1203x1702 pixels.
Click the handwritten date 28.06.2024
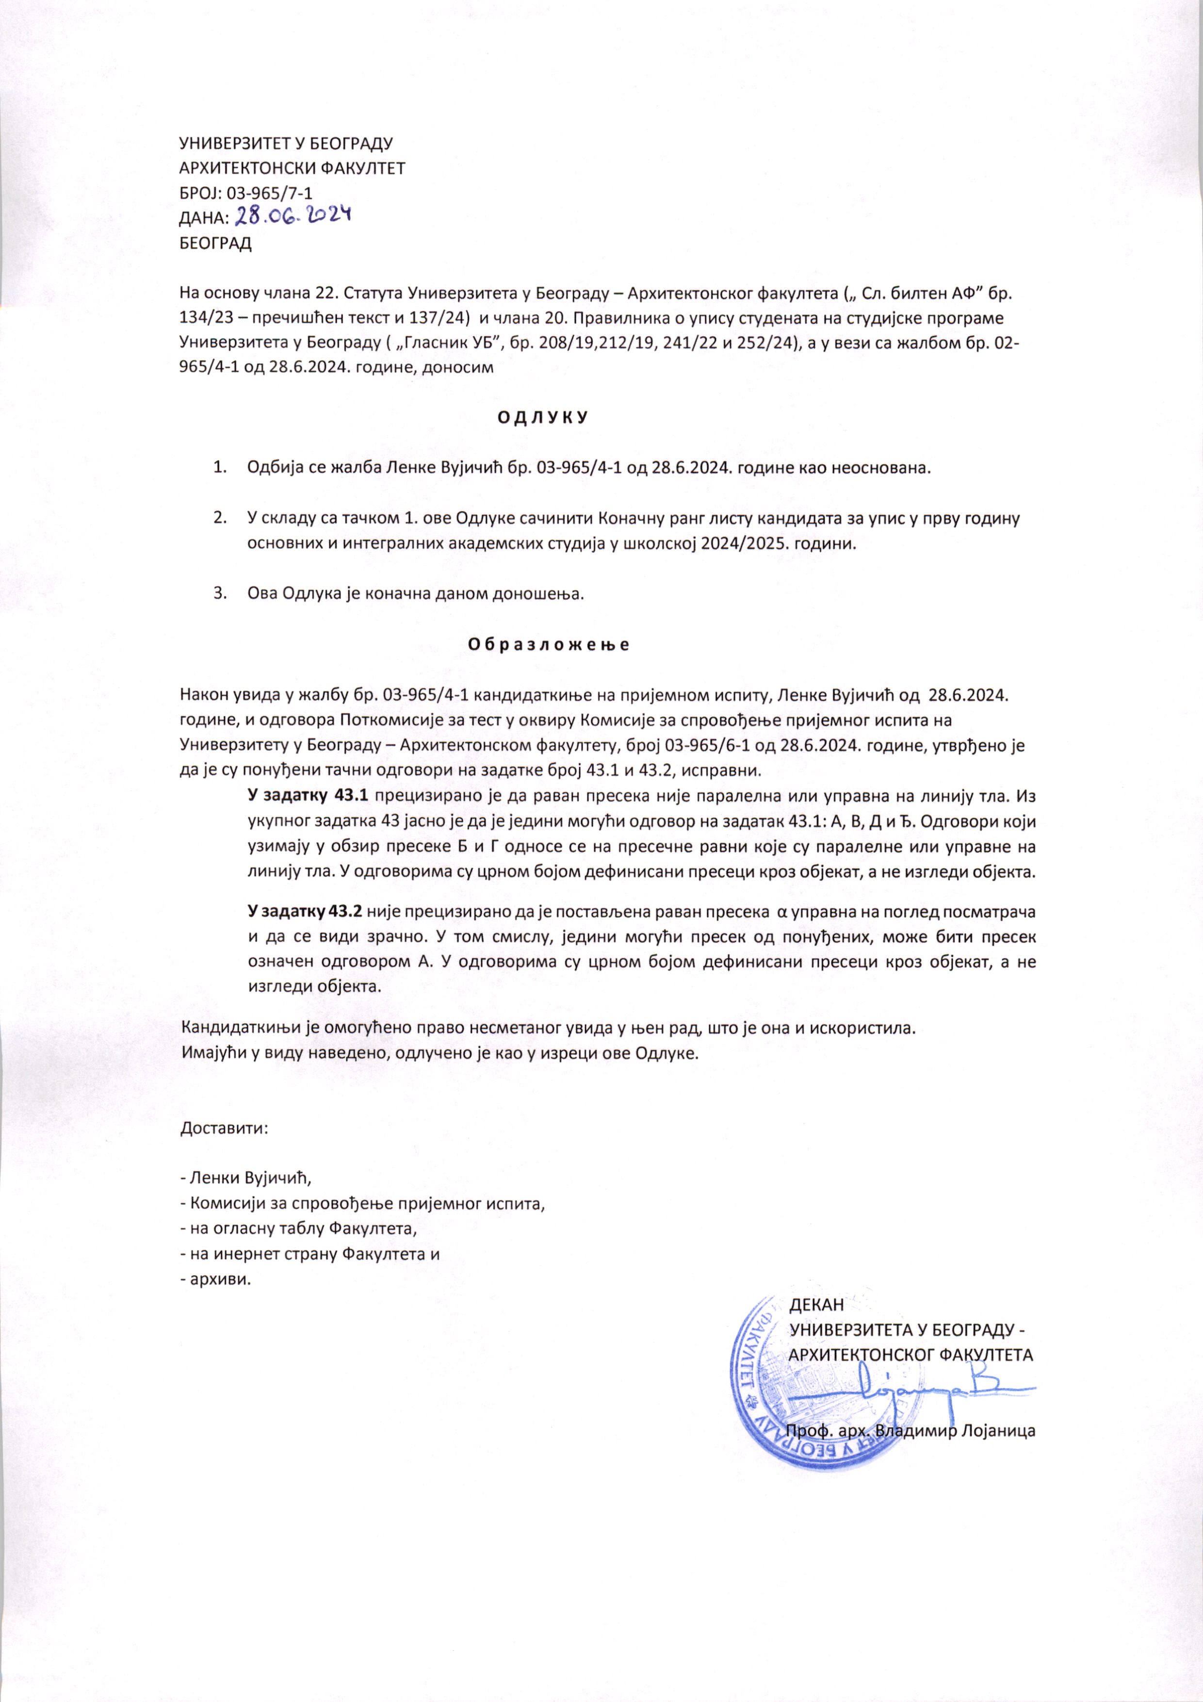coord(292,216)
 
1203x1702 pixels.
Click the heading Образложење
coord(549,643)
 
